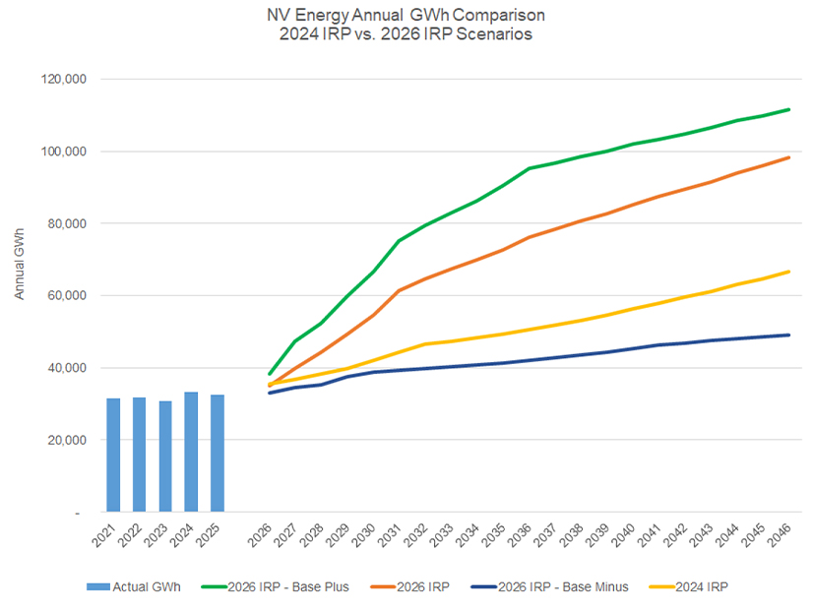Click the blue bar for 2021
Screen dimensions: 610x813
click(113, 455)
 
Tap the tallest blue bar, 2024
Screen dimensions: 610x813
click(191, 452)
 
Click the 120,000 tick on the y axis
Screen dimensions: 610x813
click(62, 79)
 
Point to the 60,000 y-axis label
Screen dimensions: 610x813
click(65, 295)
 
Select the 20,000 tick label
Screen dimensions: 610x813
click(65, 440)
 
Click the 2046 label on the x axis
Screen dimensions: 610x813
click(783, 536)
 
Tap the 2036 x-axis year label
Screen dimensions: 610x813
click(527, 536)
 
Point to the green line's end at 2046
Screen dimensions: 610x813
click(788, 109)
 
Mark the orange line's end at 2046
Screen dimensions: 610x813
click(788, 157)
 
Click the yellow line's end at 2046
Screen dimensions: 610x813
click(788, 272)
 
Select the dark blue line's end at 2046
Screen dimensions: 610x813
click(788, 335)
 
